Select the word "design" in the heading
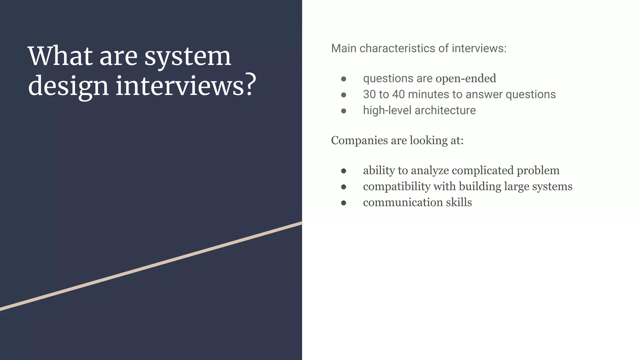coord(68,86)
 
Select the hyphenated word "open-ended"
coord(466,78)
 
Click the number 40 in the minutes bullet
coord(398,94)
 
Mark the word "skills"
coord(459,202)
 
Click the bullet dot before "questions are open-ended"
coord(343,79)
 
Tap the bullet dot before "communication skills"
coord(343,203)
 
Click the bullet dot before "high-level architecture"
coord(343,111)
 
